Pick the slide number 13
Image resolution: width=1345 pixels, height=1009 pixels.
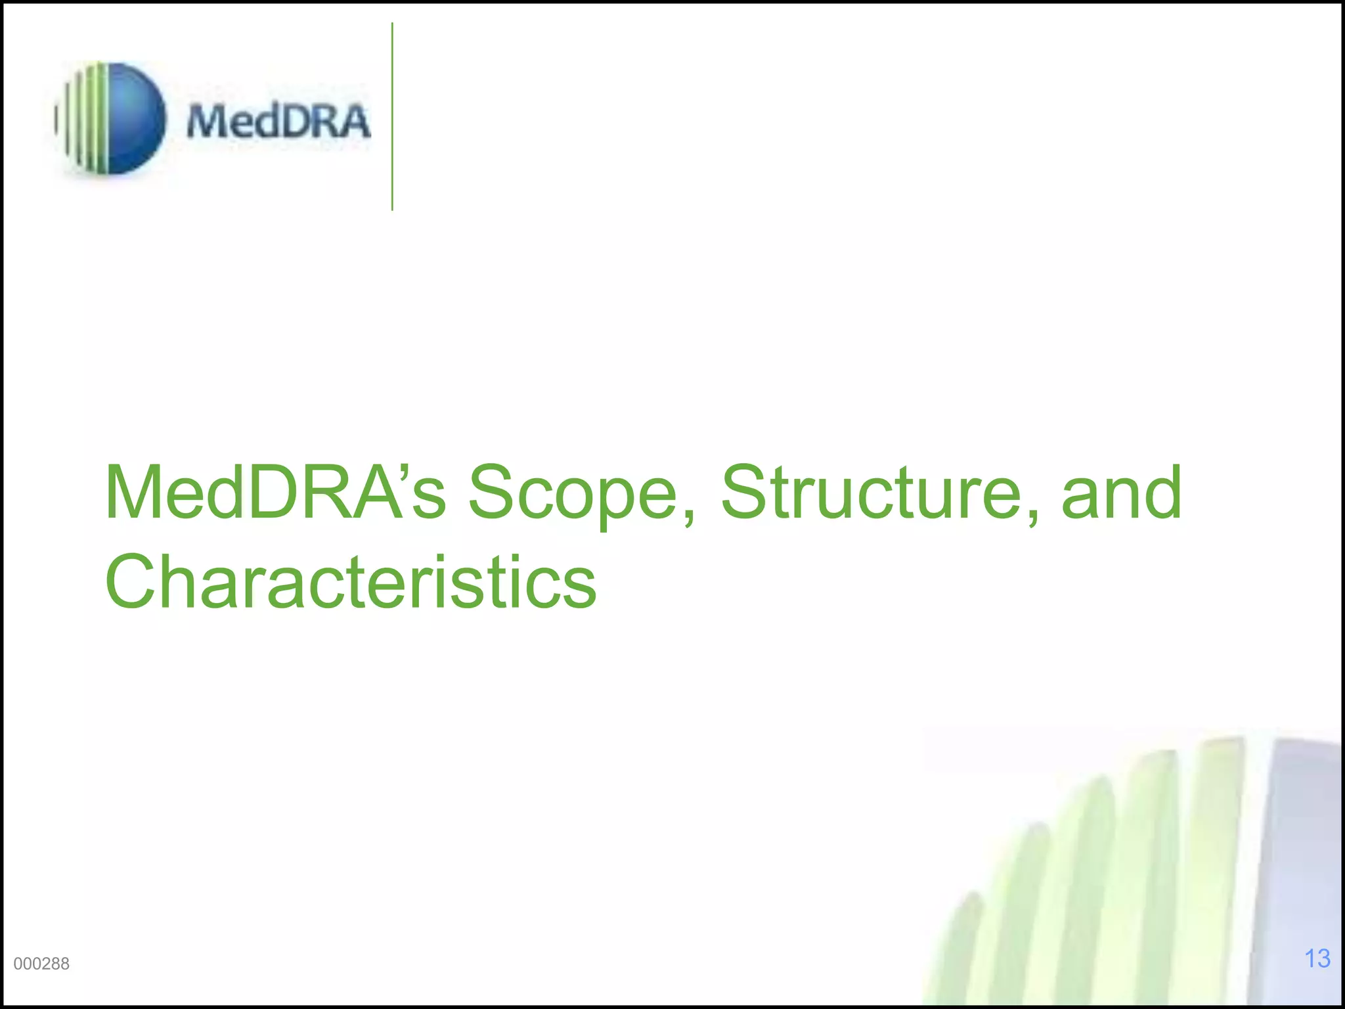1317,958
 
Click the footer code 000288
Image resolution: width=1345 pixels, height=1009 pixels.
41,964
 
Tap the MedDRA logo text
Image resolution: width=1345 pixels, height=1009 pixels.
278,122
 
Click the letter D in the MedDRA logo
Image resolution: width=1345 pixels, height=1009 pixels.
289,122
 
